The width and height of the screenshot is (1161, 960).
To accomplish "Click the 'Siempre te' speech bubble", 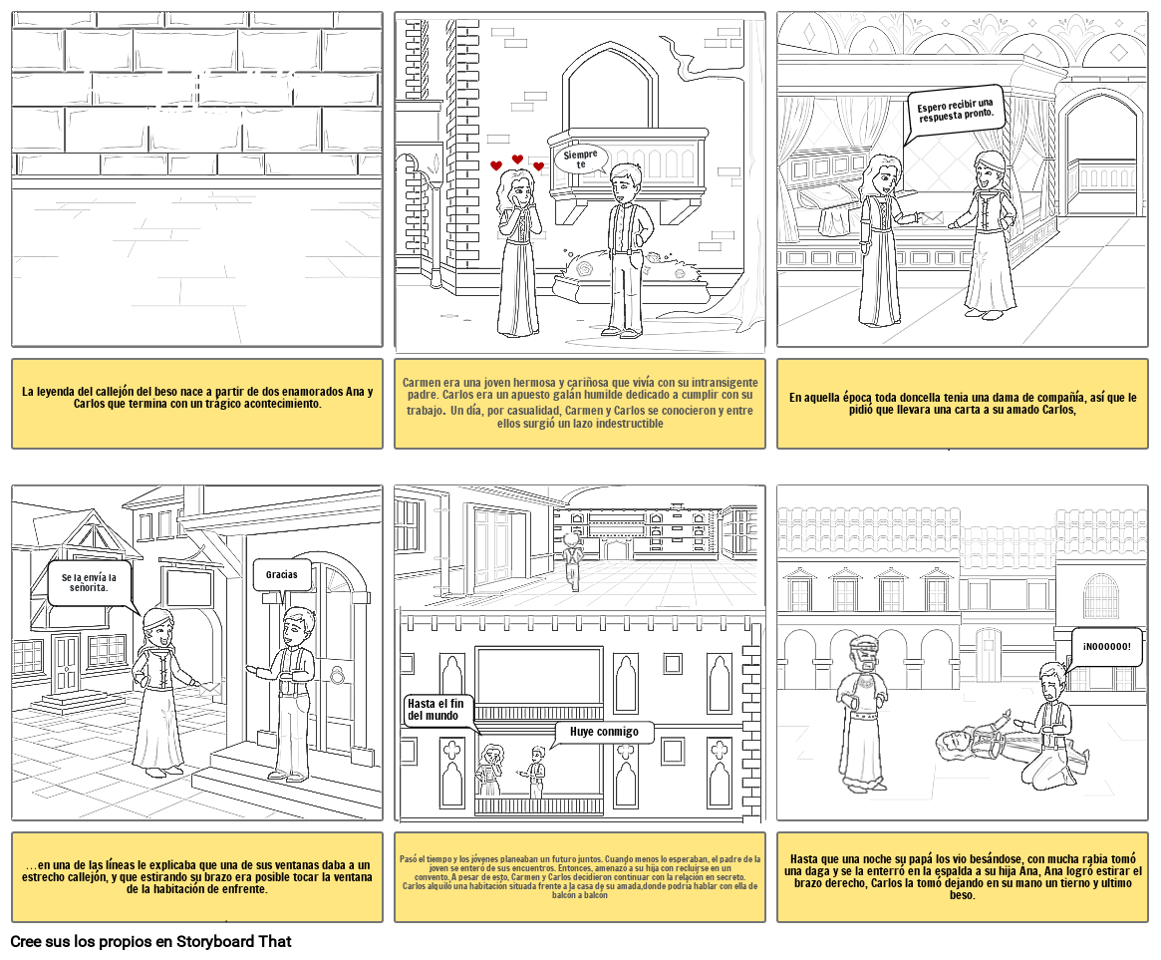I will pyautogui.click(x=581, y=160).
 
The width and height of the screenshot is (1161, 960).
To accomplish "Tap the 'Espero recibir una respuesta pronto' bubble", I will pyautogui.click(x=955, y=110).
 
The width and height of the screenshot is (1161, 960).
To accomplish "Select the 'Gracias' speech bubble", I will pyautogui.click(x=282, y=575).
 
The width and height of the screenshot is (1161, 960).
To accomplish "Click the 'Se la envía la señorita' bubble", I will pyautogui.click(x=89, y=582).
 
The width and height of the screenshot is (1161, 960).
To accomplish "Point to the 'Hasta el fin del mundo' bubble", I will pyautogui.click(x=435, y=710).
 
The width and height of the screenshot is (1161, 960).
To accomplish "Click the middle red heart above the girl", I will pyautogui.click(x=517, y=160).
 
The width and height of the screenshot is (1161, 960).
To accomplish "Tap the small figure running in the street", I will pyautogui.click(x=572, y=559).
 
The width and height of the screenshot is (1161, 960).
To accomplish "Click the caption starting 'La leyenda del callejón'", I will pyautogui.click(x=196, y=397).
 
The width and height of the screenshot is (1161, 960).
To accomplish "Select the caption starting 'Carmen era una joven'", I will pyautogui.click(x=580, y=403).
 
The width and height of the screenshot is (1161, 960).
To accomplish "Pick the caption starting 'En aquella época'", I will pyautogui.click(x=963, y=404).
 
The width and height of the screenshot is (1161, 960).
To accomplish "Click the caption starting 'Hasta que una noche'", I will pyautogui.click(x=963, y=876).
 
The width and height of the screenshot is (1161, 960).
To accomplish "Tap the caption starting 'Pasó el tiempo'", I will pyautogui.click(x=580, y=876).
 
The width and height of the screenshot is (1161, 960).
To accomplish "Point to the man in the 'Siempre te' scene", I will pyautogui.click(x=628, y=249).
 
